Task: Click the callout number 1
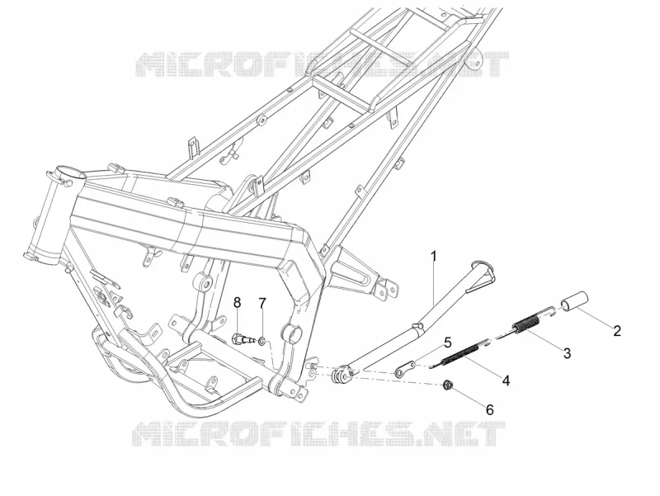click(433, 256)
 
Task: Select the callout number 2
click(616, 330)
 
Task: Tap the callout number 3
click(567, 353)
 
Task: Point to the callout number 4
click(506, 380)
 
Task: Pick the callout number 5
click(447, 342)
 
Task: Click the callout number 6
click(489, 409)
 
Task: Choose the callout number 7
click(262, 303)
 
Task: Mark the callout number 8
click(238, 302)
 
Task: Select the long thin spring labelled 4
click(459, 355)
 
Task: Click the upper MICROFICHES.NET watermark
click(323, 64)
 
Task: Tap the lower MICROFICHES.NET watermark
click(319, 434)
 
